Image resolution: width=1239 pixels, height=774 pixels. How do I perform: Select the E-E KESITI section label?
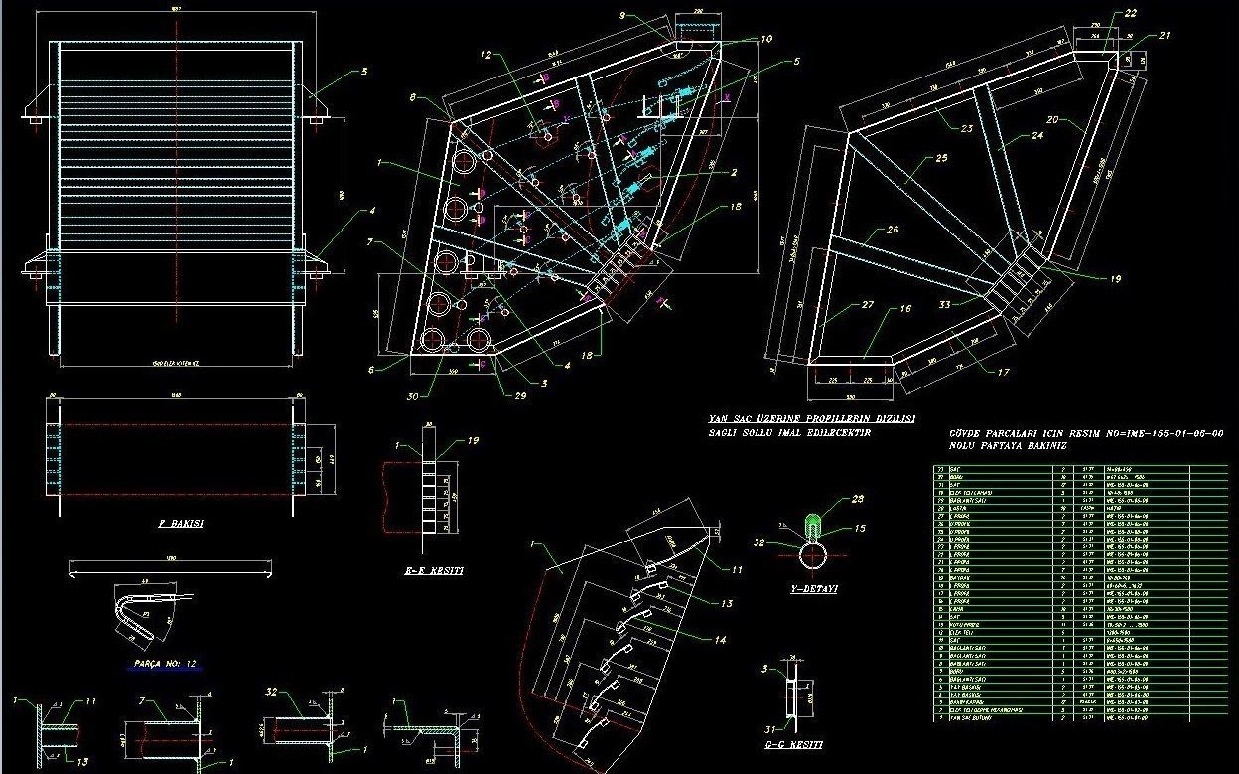pyautogui.click(x=434, y=571)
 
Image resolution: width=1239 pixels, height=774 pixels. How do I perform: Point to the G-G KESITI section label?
pyautogui.click(x=794, y=743)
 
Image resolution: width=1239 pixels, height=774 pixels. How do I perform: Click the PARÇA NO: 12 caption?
pyautogui.click(x=164, y=662)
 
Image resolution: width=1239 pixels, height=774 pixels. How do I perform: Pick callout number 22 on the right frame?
pyautogui.click(x=1131, y=13)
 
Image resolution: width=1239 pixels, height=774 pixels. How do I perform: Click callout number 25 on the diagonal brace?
pyautogui.click(x=941, y=158)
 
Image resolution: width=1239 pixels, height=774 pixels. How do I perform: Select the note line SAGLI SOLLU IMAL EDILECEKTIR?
pyautogui.click(x=789, y=433)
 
